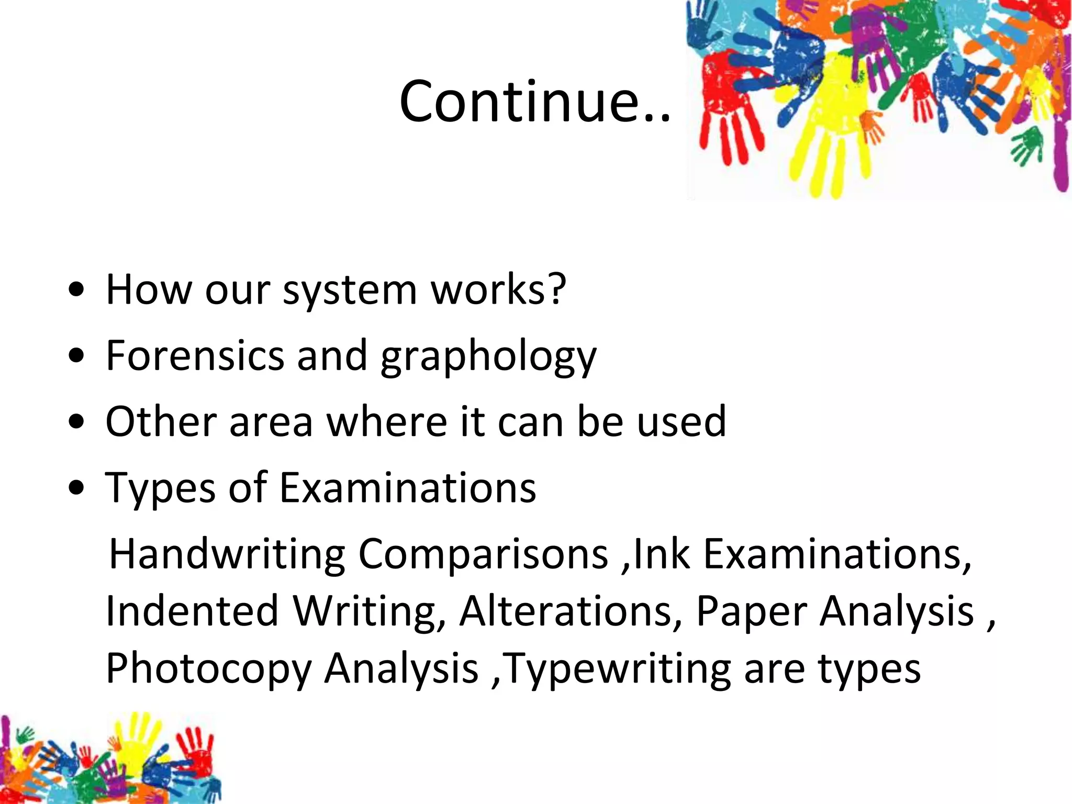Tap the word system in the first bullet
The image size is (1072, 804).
point(349,290)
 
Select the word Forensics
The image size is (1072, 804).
point(194,355)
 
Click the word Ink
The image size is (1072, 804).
point(661,554)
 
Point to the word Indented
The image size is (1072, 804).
point(192,611)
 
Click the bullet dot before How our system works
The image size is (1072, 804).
point(76,291)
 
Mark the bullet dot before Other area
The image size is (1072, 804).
point(76,422)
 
